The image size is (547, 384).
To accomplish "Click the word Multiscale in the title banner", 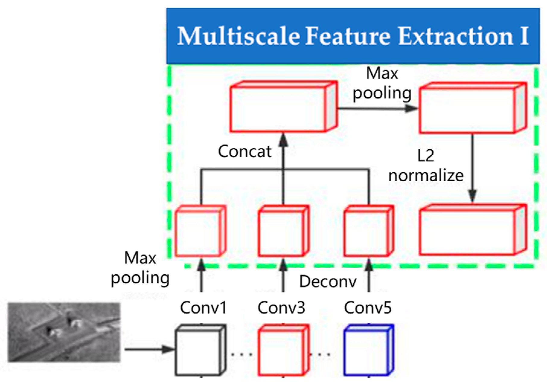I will click(x=238, y=36).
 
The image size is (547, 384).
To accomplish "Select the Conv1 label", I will click(x=203, y=308).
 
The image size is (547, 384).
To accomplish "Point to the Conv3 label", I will click(x=281, y=308).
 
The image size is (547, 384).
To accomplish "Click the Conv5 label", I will click(x=368, y=308).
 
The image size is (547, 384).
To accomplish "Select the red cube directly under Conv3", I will click(x=283, y=350).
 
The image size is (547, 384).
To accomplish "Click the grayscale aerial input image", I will click(x=64, y=332).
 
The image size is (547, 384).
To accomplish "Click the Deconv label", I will click(x=328, y=282).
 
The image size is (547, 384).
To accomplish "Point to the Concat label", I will click(x=245, y=151).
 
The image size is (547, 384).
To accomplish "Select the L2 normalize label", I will click(x=426, y=166).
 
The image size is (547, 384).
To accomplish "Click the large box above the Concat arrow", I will click(x=283, y=107).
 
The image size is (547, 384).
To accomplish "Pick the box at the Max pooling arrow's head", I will click(x=472, y=108).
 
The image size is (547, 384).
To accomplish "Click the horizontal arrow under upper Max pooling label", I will click(x=377, y=108).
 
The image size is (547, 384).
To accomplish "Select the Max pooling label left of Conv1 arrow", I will click(x=140, y=268).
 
